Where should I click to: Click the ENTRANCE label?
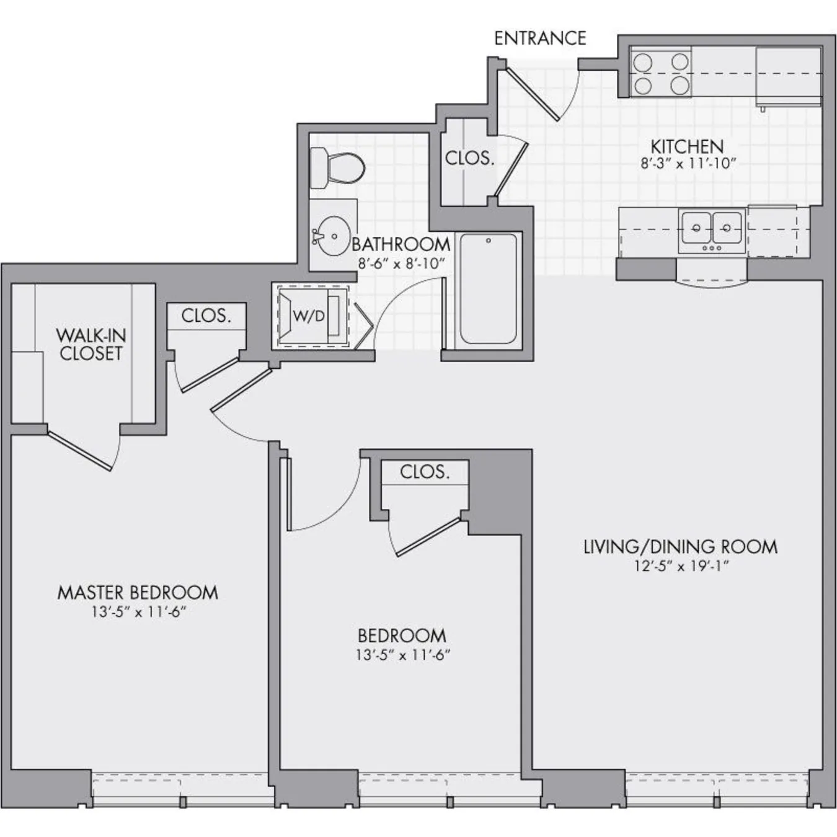click(x=539, y=38)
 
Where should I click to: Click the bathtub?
click(x=489, y=289)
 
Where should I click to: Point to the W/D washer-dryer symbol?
click(x=309, y=316)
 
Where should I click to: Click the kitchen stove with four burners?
click(x=661, y=74)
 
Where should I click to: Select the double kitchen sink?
click(x=711, y=228)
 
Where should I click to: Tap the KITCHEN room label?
click(x=687, y=147)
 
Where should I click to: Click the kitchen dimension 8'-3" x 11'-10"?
click(x=688, y=164)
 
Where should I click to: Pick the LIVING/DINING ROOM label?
click(x=680, y=547)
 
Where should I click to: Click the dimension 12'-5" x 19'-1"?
click(x=680, y=566)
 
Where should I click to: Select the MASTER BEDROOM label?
click(x=138, y=593)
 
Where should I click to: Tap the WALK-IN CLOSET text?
click(x=91, y=345)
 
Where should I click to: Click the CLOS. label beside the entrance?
click(x=469, y=158)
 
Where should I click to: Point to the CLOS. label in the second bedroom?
click(x=425, y=472)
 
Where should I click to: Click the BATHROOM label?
click(x=401, y=244)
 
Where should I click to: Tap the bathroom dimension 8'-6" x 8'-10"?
click(x=401, y=263)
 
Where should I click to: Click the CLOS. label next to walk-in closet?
click(x=206, y=316)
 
